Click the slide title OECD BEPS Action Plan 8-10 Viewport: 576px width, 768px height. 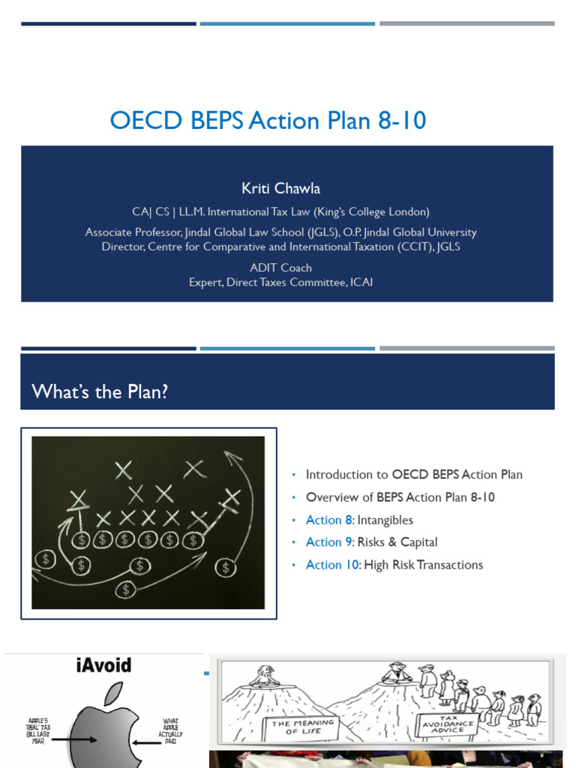[268, 121]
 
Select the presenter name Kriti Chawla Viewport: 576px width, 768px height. [280, 188]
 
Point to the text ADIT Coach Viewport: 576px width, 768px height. [280, 268]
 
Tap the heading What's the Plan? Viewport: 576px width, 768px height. [100, 391]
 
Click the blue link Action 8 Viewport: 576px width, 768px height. [328, 520]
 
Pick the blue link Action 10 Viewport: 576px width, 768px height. [332, 565]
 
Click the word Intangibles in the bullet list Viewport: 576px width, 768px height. [385, 520]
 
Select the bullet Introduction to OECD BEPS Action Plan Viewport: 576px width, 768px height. [414, 475]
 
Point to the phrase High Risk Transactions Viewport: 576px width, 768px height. [424, 565]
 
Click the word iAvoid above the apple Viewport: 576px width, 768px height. [103, 665]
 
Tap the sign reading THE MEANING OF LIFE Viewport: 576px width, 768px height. [303, 727]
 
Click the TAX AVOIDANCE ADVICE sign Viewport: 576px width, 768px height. [448, 724]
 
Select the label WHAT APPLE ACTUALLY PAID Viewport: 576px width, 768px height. [170, 731]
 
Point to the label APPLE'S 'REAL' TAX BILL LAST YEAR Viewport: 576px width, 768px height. [38, 731]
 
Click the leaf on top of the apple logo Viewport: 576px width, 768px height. [114, 694]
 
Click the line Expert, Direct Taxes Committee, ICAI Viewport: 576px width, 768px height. [280, 283]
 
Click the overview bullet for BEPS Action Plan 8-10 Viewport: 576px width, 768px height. [400, 498]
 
